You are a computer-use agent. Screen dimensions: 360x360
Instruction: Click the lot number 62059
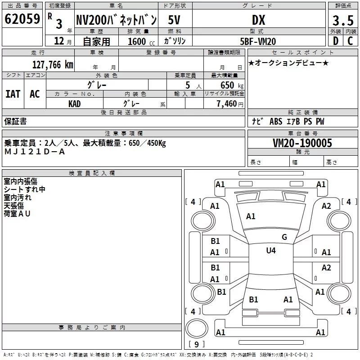pos(22,19)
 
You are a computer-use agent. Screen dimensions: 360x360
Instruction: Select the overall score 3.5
pos(342,20)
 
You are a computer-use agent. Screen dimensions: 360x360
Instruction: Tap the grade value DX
pos(258,20)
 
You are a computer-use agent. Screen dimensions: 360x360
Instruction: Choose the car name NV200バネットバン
pos(116,20)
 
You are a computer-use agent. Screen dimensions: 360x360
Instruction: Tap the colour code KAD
pos(75,103)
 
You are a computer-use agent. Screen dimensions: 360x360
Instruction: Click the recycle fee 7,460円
pos(229,104)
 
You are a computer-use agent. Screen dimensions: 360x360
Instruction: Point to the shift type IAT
pos(13,94)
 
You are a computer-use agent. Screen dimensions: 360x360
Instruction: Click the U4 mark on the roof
pos(271,250)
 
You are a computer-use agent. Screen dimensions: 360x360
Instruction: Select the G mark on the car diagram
pos(284,237)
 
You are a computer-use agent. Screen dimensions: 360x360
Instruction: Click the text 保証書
pos(15,121)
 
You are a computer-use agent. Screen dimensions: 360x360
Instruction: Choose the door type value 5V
pos(175,20)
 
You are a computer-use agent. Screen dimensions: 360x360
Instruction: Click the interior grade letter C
pos(350,41)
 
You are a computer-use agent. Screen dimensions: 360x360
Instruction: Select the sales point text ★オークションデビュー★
pos(288,63)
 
